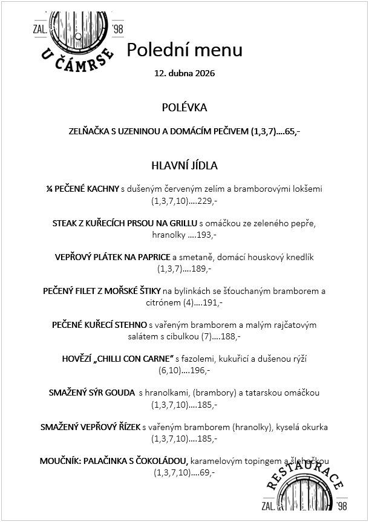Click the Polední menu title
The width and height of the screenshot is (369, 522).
tap(184, 50)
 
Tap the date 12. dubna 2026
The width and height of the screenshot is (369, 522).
tap(184, 74)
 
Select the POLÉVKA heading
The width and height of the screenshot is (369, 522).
tap(184, 108)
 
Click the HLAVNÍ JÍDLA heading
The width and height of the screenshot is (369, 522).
tap(184, 165)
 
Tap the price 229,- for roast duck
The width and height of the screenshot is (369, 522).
tap(206, 200)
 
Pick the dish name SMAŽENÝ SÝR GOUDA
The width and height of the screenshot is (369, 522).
tap(91, 393)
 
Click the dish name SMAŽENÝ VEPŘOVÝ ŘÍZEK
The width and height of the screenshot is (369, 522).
tap(90, 427)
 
